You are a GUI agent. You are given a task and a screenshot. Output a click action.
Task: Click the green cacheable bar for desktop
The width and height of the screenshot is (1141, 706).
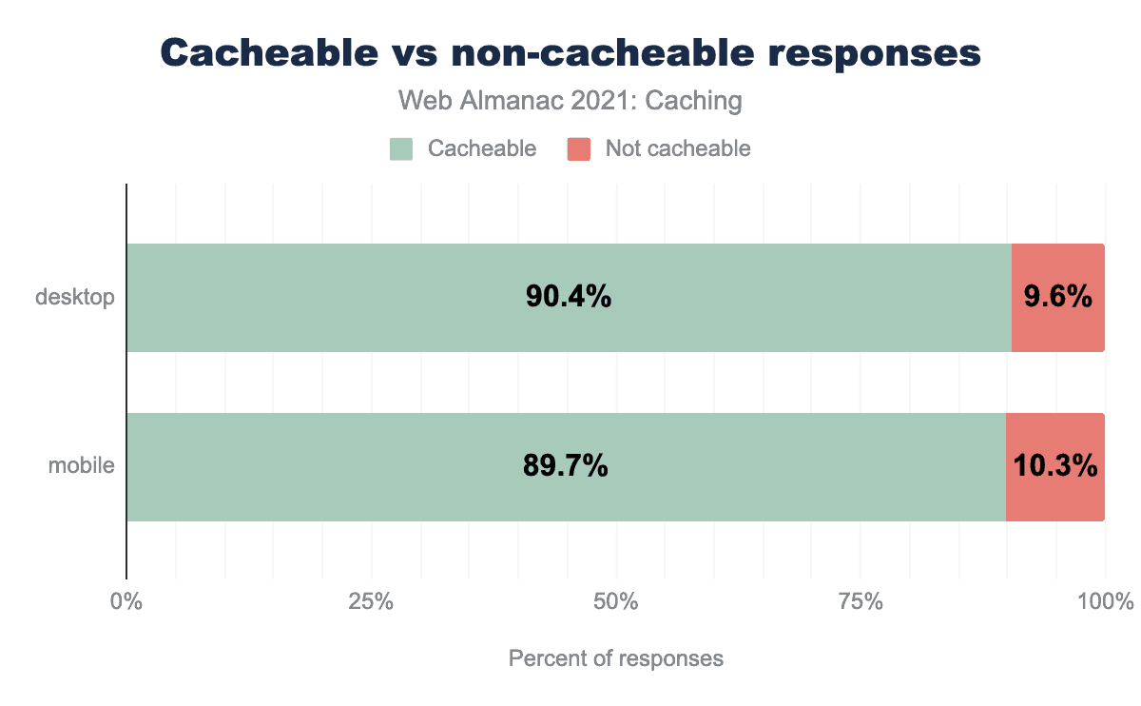pyautogui.click(x=380, y=298)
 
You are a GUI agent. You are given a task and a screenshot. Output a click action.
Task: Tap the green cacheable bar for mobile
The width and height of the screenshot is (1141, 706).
pyautogui.click(x=380, y=467)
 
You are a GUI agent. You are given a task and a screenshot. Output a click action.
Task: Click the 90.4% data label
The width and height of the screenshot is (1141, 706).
pyautogui.click(x=568, y=298)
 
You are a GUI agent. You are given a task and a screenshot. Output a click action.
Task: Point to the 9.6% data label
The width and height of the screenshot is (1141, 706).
pyautogui.click(x=1058, y=298)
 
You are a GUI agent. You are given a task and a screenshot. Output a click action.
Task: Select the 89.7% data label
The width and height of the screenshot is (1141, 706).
pyautogui.click(x=566, y=467)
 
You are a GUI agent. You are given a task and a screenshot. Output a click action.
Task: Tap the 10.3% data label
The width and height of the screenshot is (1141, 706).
pyautogui.click(x=1055, y=467)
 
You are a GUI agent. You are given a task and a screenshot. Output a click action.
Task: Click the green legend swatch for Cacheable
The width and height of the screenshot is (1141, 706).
pyautogui.click(x=401, y=149)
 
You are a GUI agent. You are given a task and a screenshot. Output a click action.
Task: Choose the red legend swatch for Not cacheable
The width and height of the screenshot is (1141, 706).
pyautogui.click(x=579, y=149)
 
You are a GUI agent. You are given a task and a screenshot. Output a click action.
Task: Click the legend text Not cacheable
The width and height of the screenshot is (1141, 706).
pyautogui.click(x=678, y=149)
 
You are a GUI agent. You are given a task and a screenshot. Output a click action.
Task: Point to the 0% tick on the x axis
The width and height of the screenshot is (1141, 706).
pyautogui.click(x=126, y=602)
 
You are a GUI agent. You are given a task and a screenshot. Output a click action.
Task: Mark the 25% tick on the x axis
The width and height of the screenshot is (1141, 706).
pyautogui.click(x=371, y=602)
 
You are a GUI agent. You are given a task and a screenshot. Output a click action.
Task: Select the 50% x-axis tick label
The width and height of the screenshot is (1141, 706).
pyautogui.click(x=616, y=602)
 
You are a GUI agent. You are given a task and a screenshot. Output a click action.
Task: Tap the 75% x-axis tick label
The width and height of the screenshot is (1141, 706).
pyautogui.click(x=861, y=602)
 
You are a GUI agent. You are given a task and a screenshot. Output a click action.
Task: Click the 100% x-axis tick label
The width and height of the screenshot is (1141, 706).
pyautogui.click(x=1105, y=602)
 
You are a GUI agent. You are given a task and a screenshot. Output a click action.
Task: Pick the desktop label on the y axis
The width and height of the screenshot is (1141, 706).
pyautogui.click(x=75, y=298)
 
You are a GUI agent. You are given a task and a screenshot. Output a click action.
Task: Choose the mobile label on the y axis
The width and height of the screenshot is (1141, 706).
pyautogui.click(x=82, y=467)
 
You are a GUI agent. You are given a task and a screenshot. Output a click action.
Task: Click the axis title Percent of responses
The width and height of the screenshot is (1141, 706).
pyautogui.click(x=616, y=658)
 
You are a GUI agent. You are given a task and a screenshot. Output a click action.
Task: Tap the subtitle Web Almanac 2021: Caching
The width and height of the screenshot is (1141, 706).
pyautogui.click(x=570, y=101)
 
